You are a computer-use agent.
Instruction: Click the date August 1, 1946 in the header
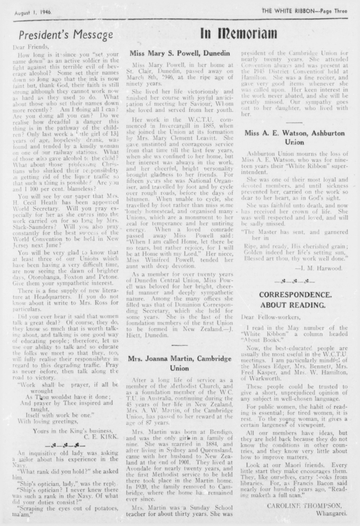34,13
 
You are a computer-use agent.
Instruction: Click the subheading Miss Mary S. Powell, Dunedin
180,54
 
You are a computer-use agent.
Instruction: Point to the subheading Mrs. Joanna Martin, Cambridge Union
180,363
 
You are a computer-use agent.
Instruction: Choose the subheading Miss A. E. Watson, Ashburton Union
294,137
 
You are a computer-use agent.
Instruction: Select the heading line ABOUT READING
294,305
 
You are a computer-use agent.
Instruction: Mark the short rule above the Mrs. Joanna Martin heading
179,345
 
